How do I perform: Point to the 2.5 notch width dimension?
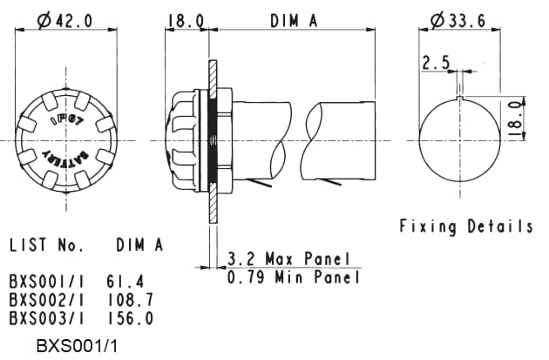coord(436,63)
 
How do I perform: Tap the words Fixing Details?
coord(466,227)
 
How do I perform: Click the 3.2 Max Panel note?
coord(288,260)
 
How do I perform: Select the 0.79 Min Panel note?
coord(293,278)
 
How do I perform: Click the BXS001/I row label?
coord(45,282)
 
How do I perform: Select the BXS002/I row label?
coord(45,300)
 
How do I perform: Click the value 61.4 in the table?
coord(126,282)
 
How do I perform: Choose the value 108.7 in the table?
coord(132,300)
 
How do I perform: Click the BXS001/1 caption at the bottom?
coord(77,346)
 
